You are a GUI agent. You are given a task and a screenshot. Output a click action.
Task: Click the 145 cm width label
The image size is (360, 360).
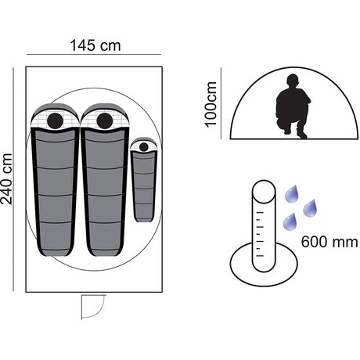(x=95, y=45)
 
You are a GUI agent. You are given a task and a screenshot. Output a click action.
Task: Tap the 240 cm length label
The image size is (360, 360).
(x=6, y=179)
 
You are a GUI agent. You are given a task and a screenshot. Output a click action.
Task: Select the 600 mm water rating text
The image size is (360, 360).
(x=329, y=242)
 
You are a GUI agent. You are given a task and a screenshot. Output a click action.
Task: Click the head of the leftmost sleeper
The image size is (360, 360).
(x=56, y=121)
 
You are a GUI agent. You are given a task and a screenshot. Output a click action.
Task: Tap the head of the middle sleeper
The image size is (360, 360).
(x=105, y=121)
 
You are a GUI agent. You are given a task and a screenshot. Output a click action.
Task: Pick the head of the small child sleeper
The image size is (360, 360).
(x=144, y=147)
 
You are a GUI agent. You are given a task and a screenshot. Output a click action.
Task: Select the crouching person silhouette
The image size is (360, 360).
(x=293, y=106)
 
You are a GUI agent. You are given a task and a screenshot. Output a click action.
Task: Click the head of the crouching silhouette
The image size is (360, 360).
(x=293, y=81)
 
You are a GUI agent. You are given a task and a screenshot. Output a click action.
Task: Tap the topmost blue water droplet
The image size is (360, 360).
(x=292, y=194)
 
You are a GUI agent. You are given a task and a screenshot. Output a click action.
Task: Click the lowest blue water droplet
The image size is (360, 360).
(x=290, y=222)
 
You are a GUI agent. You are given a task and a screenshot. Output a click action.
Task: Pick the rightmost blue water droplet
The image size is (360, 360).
(x=310, y=208)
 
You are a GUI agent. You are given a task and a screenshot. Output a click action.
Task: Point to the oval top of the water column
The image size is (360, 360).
(x=264, y=192)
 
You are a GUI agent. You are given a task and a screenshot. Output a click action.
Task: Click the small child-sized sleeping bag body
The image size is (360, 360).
(x=144, y=186)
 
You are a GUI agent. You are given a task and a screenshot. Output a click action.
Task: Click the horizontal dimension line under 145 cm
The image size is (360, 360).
(x=94, y=55)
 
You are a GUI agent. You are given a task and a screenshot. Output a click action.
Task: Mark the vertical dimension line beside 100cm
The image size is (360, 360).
(x=221, y=103)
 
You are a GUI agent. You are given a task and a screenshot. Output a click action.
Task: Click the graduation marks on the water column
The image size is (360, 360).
(x=260, y=234)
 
